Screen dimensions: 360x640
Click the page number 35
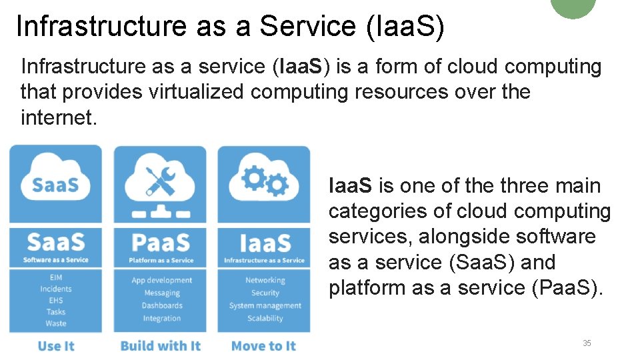point(587,343)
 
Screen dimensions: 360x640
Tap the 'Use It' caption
point(56,345)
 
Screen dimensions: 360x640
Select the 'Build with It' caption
point(160,345)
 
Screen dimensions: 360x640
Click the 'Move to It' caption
point(263,345)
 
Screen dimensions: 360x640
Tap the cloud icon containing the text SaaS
point(55,181)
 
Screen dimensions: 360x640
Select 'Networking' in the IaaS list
point(265,281)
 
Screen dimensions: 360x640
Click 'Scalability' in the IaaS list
point(265,318)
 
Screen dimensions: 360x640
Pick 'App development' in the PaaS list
point(161,281)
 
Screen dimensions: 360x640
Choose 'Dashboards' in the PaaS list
point(161,305)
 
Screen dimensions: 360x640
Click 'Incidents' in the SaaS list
point(56,289)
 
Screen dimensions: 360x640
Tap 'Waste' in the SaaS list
point(56,323)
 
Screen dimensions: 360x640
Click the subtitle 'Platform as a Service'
point(161,260)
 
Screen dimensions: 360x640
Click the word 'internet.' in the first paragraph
point(59,117)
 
